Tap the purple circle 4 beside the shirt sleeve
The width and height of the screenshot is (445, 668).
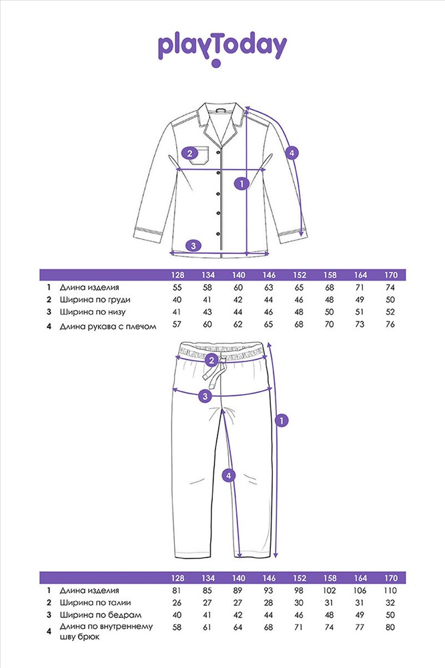(292, 152)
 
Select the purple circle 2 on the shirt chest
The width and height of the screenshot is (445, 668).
(189, 154)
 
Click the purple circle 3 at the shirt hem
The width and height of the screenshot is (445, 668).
(193, 245)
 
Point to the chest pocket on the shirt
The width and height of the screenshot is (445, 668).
(199, 156)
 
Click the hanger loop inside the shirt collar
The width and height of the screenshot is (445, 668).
(220, 109)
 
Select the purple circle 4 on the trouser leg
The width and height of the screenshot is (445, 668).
(229, 475)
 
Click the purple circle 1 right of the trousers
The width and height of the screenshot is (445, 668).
(282, 421)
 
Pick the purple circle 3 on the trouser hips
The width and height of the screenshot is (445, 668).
(205, 396)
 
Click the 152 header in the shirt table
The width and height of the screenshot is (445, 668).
(300, 275)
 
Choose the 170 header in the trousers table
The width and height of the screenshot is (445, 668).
(390, 578)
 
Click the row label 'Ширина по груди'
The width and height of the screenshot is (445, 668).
(95, 300)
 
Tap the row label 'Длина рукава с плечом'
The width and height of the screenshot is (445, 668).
(108, 327)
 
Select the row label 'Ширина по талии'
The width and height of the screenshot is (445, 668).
(95, 603)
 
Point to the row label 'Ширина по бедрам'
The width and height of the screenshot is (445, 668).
(100, 615)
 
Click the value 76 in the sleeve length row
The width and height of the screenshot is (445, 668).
(390, 324)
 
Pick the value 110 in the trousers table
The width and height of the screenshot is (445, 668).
(390, 591)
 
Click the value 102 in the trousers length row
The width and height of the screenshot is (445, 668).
(330, 591)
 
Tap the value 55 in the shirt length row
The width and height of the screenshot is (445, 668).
(177, 287)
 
